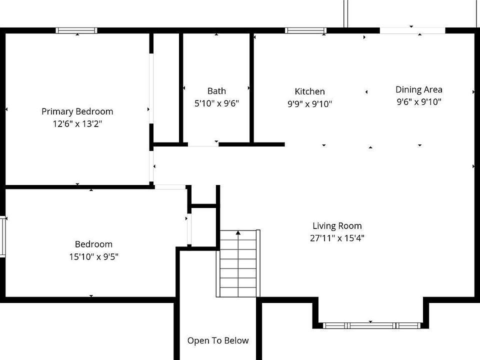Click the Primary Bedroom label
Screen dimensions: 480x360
[x=77, y=111]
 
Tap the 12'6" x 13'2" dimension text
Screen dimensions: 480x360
[x=77, y=124]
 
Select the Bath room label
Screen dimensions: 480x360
[x=216, y=91]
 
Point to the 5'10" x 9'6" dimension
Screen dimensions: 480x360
[x=216, y=103]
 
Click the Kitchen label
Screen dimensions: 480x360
[x=310, y=91]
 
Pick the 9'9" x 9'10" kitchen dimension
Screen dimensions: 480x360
[x=310, y=104]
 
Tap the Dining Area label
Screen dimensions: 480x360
[x=419, y=89]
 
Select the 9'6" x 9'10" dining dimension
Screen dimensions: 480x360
[x=419, y=102]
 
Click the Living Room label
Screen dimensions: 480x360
[x=337, y=226]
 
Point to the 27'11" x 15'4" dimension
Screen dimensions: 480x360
[x=337, y=238]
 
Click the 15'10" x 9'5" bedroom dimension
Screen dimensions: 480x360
[x=93, y=256]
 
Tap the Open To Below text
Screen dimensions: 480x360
[x=218, y=340]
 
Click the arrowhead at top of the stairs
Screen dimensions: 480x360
[x=238, y=233]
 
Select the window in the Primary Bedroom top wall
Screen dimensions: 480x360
[x=76, y=30]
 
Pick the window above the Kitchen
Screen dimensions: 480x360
[x=305, y=30]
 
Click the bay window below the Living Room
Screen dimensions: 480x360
[x=372, y=325]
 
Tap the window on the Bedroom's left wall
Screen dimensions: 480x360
[x=3, y=236]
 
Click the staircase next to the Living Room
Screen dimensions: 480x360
[x=238, y=263]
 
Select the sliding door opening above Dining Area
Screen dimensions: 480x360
[x=412, y=30]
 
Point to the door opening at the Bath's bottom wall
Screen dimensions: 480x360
[x=203, y=144]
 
